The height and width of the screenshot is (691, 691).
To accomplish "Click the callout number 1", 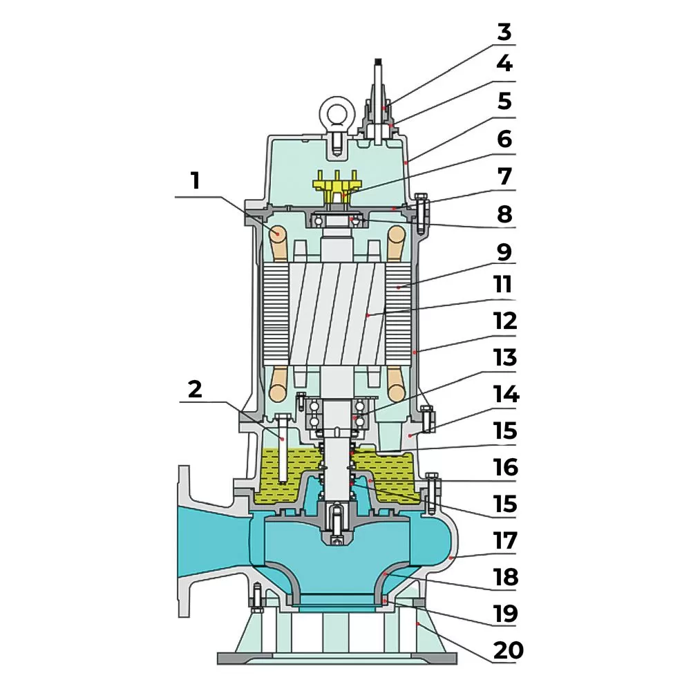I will tap(196, 182).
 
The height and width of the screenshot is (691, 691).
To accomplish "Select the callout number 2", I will tap(196, 389).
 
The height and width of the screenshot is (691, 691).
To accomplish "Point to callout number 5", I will tap(505, 102).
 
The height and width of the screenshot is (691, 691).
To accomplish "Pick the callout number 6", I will tap(505, 139).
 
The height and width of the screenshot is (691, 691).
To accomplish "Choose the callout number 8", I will tap(505, 214).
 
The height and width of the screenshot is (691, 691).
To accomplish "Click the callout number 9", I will tap(505, 252).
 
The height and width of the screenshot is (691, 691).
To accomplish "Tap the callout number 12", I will tap(505, 321).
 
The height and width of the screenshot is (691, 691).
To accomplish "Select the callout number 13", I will tap(505, 358).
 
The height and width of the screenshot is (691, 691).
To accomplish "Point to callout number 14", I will tap(505, 395).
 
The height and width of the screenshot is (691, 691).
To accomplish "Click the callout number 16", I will tap(505, 467).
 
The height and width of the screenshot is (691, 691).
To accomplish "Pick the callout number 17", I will tap(505, 540).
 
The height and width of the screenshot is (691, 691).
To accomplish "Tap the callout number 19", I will tap(505, 614).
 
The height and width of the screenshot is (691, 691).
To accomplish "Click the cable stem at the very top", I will tap(379, 76).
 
